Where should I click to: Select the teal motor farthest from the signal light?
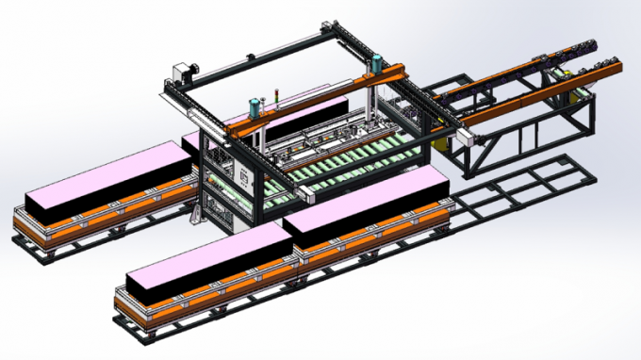click(x=376, y=64)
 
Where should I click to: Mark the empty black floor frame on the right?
click(x=528, y=193)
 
